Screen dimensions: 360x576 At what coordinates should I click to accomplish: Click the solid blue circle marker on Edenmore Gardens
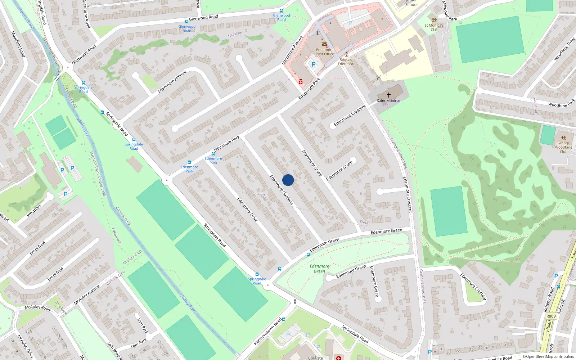coord(288,180)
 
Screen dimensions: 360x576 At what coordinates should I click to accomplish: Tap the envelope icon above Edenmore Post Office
coord(324,45)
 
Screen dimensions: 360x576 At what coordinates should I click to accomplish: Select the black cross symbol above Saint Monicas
coord(389,95)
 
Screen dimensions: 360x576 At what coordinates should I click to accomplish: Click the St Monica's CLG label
coord(434,27)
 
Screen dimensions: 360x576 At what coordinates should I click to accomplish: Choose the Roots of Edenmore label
coord(347,62)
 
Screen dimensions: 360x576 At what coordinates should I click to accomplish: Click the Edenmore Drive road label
coord(247,209)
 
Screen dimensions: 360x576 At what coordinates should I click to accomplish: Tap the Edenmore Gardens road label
coord(282,190)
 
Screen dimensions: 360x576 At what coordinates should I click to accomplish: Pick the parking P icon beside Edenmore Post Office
coord(313,65)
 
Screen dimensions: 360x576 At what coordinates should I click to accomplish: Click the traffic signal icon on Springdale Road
coord(295,301)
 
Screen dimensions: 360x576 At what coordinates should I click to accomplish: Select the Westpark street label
coord(34,210)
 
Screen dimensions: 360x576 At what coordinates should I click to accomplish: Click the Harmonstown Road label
coord(267,332)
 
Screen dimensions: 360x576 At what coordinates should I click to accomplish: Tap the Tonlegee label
coord(235,34)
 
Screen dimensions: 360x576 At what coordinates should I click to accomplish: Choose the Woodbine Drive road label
coord(564,49)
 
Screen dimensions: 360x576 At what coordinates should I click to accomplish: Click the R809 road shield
coord(551,316)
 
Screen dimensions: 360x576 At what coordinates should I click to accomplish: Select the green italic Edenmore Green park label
coord(319,269)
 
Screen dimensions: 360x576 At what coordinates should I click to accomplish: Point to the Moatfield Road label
coord(18,44)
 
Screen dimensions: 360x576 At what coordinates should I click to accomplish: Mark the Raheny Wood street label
coord(548,300)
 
